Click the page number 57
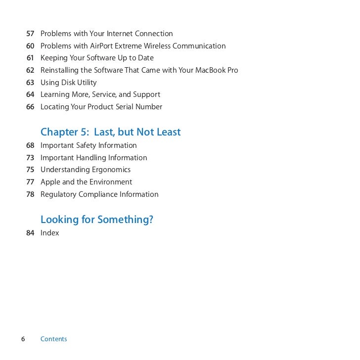click(30, 34)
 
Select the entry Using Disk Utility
click(68, 83)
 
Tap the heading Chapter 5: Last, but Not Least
click(110, 132)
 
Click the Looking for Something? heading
click(96, 220)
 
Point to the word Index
click(49, 233)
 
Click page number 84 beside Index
click(30, 233)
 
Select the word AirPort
click(103, 46)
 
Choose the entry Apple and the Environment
click(86, 182)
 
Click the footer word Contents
click(53, 339)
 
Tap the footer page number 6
click(23, 339)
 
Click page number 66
click(30, 107)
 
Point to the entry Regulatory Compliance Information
click(99, 194)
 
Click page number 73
click(30, 158)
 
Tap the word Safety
click(87, 145)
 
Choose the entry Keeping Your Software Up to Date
click(97, 58)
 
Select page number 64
click(30, 94)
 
